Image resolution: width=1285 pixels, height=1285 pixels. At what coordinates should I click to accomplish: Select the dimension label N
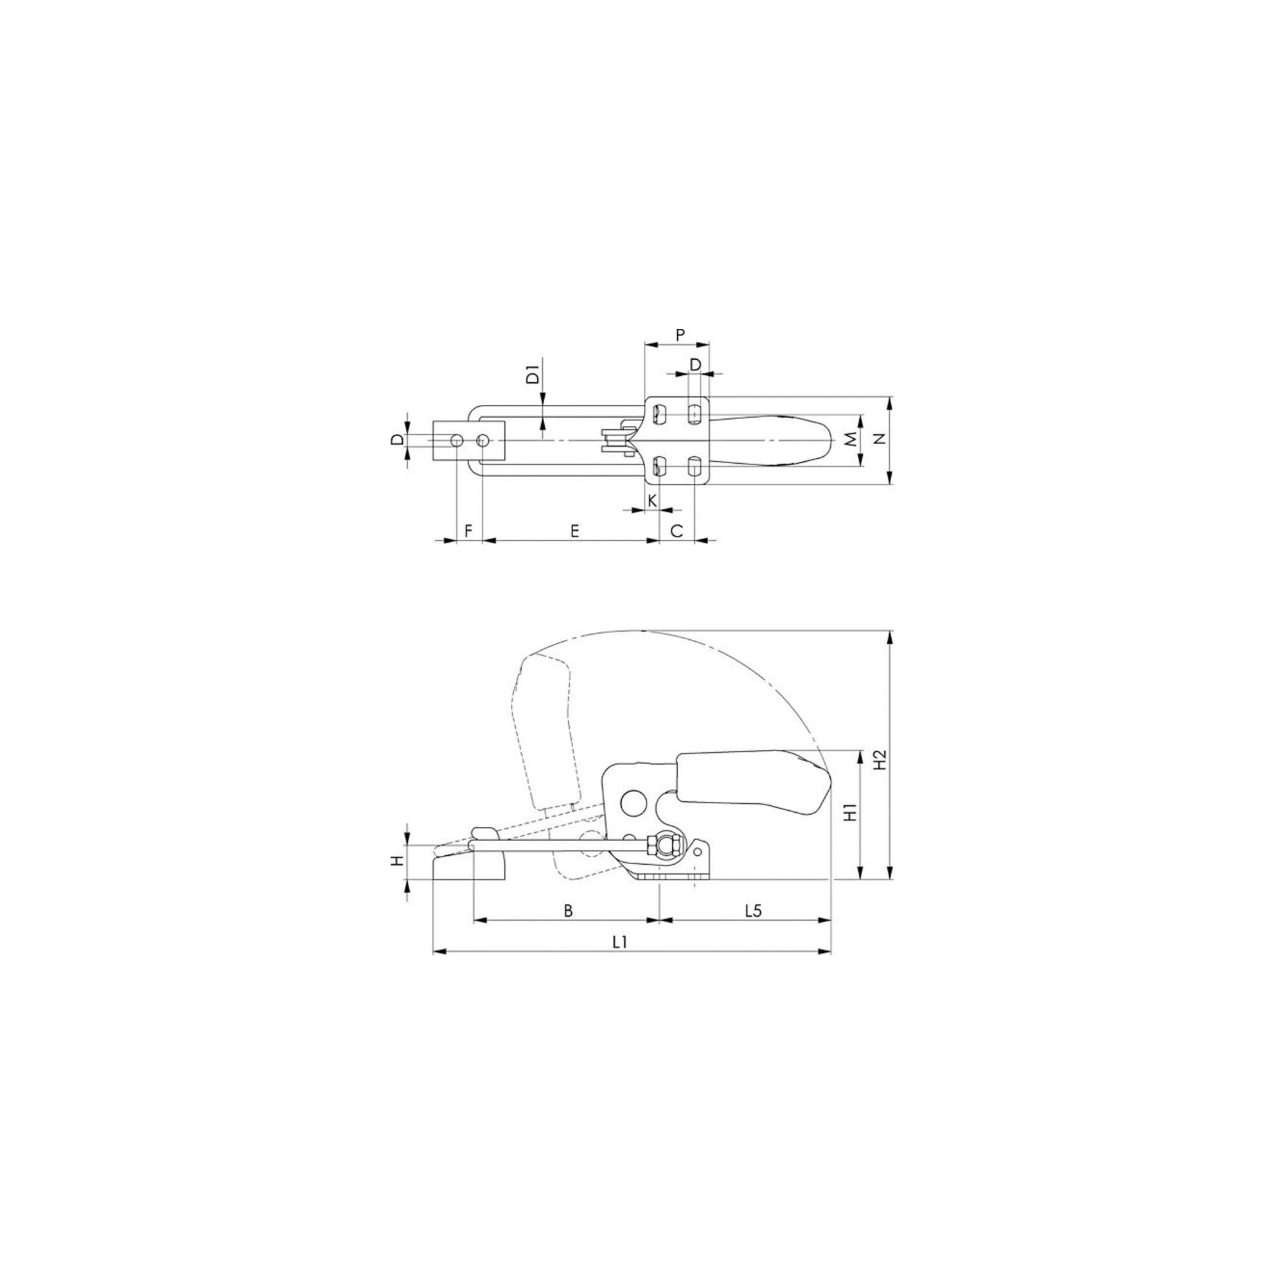[x=880, y=438]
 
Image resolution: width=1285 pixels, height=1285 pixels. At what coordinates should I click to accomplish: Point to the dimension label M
[x=851, y=439]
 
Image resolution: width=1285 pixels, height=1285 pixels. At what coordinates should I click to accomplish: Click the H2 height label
[x=880, y=760]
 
